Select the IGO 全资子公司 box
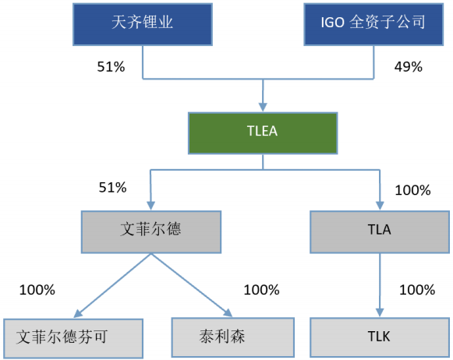(x=376, y=23)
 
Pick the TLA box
(x=380, y=231)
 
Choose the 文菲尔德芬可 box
(x=73, y=337)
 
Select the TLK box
(x=380, y=337)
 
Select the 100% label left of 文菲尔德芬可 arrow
(x=37, y=290)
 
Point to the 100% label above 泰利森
(x=261, y=290)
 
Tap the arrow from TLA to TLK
(x=380, y=284)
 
